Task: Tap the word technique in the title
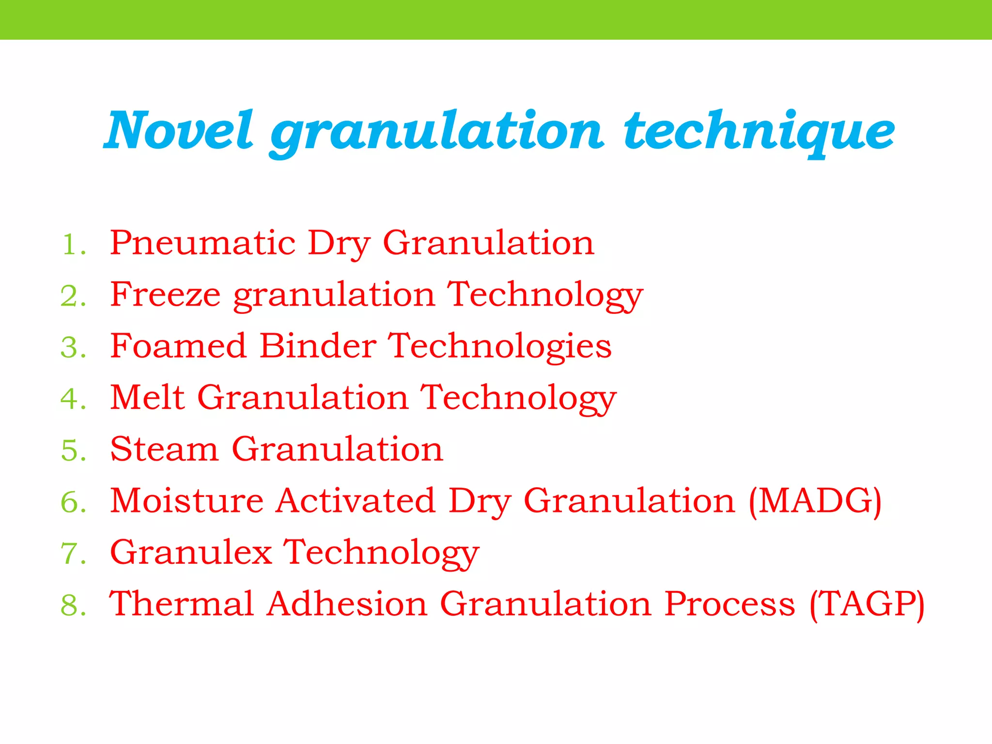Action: point(759,132)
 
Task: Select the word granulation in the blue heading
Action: point(437,132)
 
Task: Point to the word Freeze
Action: point(165,294)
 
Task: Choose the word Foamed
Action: point(178,346)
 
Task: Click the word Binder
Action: point(318,346)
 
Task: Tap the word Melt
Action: point(147,397)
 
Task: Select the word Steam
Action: point(164,449)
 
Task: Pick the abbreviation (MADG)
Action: point(815,501)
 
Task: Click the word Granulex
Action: point(191,552)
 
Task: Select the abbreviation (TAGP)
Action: point(867,604)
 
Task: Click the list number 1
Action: point(73,244)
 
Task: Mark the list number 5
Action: point(73,450)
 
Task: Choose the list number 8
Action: point(73,605)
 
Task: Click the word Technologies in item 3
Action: point(500,347)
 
